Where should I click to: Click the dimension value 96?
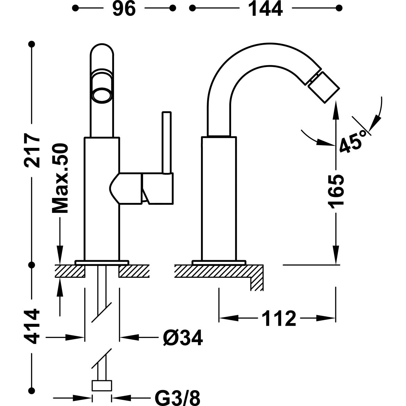123,9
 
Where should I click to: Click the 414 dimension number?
33,326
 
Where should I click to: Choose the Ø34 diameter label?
182,338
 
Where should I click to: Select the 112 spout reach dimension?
278,318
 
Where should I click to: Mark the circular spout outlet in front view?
101,95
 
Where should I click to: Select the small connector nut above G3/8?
102,386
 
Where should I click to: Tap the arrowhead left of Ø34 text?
129,337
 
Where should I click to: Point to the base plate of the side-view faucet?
219,262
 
